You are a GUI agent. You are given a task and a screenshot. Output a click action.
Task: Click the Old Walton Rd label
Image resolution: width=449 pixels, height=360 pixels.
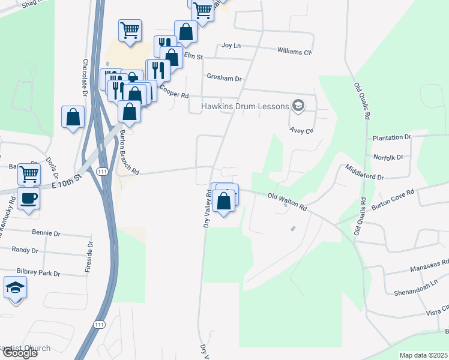pyautogui.click(x=288, y=202)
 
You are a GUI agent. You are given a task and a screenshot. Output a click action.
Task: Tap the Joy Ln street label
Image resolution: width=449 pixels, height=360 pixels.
pyautogui.click(x=231, y=45)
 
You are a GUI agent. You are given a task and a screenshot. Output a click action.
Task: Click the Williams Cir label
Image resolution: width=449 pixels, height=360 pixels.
pyautogui.click(x=295, y=52)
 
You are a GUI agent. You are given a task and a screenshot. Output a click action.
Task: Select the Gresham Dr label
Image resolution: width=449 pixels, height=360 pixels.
pyautogui.click(x=223, y=78)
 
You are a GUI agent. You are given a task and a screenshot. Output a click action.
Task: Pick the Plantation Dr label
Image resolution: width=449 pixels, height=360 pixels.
pyautogui.click(x=391, y=137)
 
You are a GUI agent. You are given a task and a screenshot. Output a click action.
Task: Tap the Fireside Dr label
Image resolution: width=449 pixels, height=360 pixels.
pyautogui.click(x=89, y=257)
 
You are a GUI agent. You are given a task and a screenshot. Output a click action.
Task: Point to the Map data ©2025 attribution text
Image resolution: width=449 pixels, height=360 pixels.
pyautogui.click(x=423, y=355)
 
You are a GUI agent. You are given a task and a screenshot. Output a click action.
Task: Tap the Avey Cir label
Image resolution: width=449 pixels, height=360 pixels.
pyautogui.click(x=301, y=130)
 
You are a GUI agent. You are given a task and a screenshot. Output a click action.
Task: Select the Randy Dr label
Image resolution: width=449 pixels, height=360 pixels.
pyautogui.click(x=25, y=250)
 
